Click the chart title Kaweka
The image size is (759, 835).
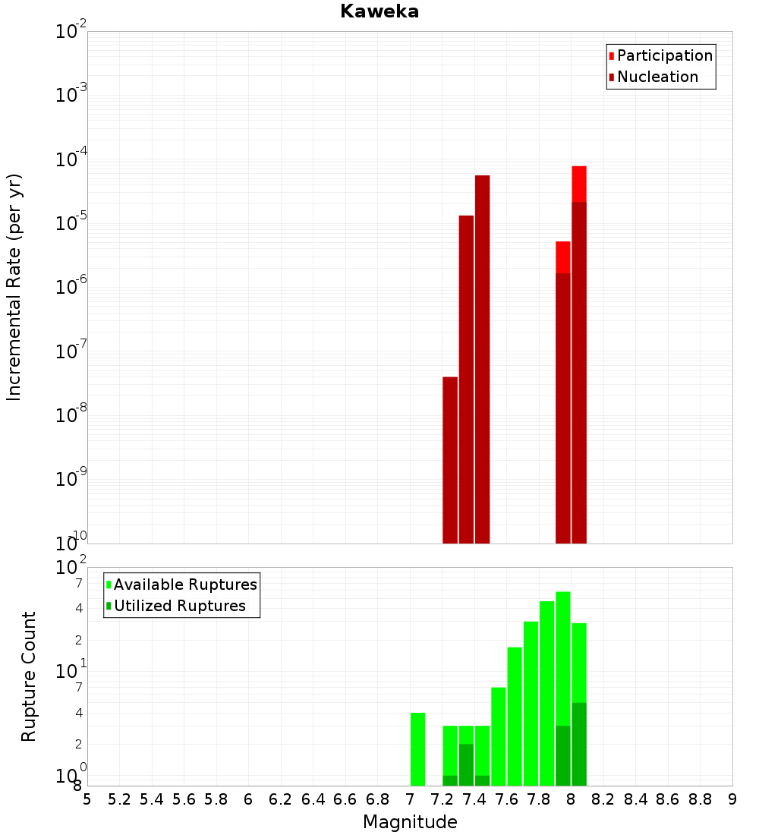coord(379,12)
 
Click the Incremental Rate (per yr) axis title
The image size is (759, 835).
coord(14,288)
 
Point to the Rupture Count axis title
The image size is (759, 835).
coord(29,676)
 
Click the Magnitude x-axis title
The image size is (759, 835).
coord(410,822)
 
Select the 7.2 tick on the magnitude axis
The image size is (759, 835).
coord(442,799)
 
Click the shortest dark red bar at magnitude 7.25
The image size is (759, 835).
coord(450,459)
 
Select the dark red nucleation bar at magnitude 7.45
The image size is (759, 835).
coord(482,357)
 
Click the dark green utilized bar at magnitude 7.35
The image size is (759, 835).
coord(466,764)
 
